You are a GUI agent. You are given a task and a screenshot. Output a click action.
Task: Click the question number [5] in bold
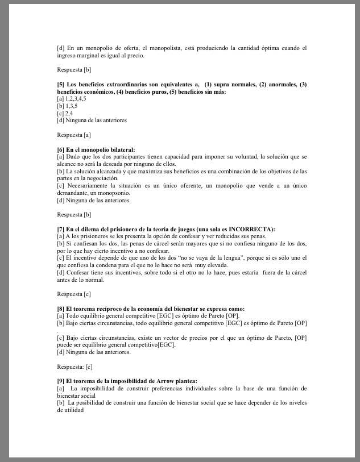coord(60,85)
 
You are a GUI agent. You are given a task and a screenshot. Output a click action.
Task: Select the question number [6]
coord(60,149)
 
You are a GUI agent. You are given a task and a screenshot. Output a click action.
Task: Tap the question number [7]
coord(60,229)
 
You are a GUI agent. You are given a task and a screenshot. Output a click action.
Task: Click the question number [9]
coord(60,381)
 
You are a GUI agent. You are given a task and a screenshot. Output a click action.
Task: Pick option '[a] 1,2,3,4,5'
coord(72,98)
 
